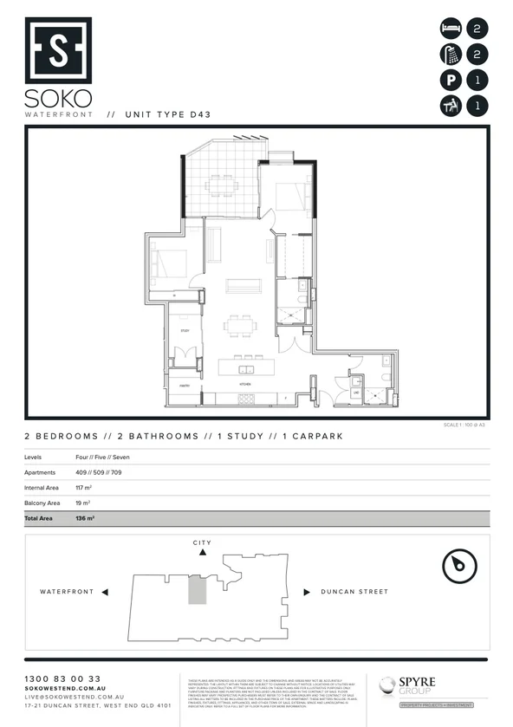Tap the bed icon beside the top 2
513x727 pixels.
451,28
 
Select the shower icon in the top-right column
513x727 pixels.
451,55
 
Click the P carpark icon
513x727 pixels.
451,81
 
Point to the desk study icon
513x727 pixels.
451,107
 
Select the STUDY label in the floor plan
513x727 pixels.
185,331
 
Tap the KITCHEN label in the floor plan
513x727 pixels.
245,382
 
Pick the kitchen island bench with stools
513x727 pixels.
244,363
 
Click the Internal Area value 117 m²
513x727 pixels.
84,489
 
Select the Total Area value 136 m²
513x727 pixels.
85,518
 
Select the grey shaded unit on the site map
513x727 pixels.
198,591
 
